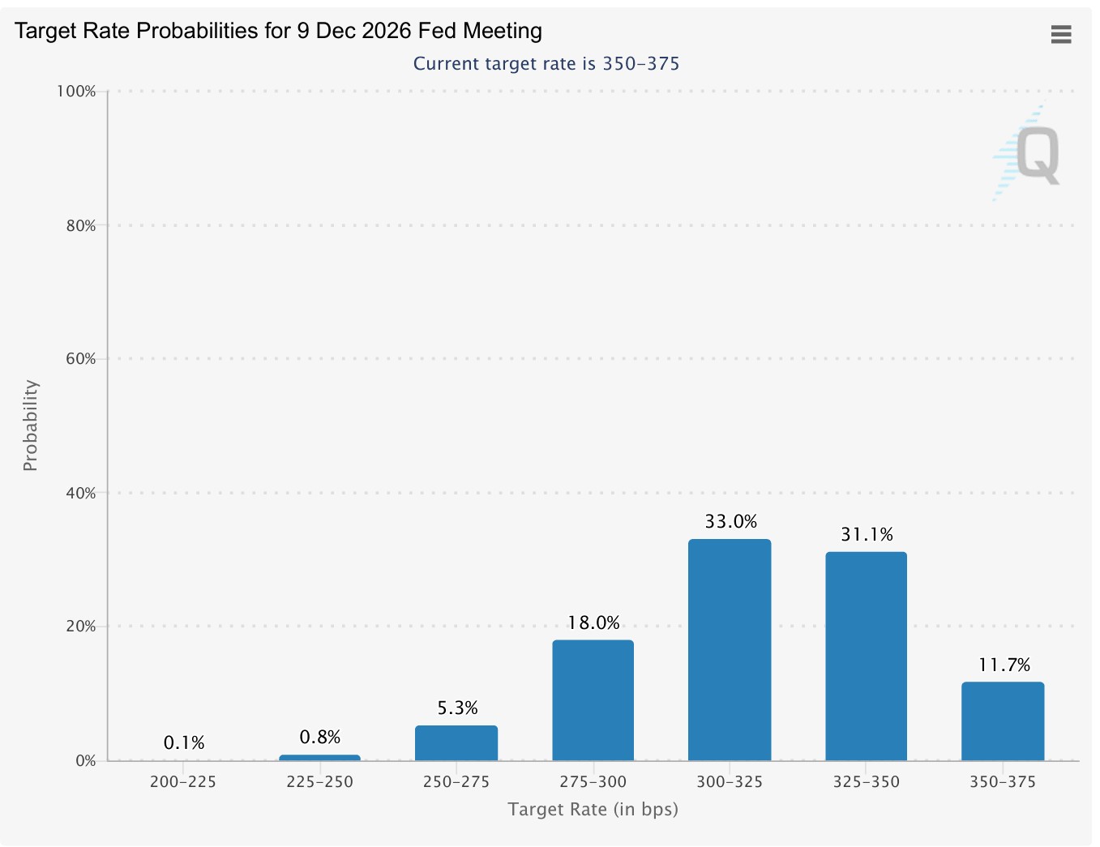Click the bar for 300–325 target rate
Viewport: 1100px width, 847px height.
pyautogui.click(x=730, y=649)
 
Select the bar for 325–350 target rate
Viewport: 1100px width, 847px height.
pyautogui.click(x=866, y=656)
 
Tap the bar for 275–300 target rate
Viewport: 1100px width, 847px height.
pyautogui.click(x=593, y=700)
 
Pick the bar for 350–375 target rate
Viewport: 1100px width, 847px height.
pyautogui.click(x=1003, y=721)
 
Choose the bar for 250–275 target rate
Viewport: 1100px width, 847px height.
pyautogui.click(x=456, y=742)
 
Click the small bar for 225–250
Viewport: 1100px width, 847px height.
pyautogui.click(x=319, y=758)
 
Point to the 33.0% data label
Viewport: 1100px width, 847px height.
pyautogui.click(x=730, y=522)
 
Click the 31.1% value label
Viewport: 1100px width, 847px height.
pyautogui.click(x=867, y=535)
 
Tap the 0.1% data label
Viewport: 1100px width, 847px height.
pyautogui.click(x=184, y=743)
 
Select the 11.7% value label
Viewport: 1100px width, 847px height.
pyautogui.click(x=1004, y=665)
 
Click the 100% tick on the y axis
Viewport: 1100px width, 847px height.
pyautogui.click(x=76, y=92)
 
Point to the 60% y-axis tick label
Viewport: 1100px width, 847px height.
pyautogui.click(x=80, y=359)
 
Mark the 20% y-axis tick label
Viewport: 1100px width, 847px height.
pyautogui.click(x=80, y=627)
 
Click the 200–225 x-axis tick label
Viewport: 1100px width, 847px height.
pyautogui.click(x=183, y=782)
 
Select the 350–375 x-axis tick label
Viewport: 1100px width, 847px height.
pyautogui.click(x=1003, y=782)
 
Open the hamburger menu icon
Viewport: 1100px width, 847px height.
pyautogui.click(x=1061, y=34)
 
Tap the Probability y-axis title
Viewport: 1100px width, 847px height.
pyautogui.click(x=31, y=426)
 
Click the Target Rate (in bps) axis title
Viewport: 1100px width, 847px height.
pyautogui.click(x=593, y=809)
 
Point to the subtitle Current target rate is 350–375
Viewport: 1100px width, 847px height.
pyautogui.click(x=546, y=64)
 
